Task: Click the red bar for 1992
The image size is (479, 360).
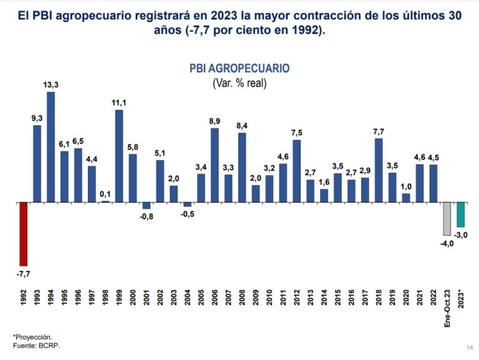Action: pyautogui.click(x=24, y=234)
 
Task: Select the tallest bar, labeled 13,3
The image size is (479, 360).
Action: pyautogui.click(x=51, y=147)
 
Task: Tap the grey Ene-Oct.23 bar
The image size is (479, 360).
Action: pyautogui.click(x=447, y=219)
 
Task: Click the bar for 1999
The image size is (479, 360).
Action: pyautogui.click(x=119, y=156)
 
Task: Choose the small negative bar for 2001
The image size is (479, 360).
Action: pyautogui.click(x=147, y=206)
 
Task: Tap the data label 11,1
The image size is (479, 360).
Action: pyautogui.click(x=119, y=103)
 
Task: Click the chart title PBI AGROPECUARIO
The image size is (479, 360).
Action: pyautogui.click(x=239, y=69)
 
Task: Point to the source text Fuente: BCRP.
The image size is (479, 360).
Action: pyautogui.click(x=37, y=346)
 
